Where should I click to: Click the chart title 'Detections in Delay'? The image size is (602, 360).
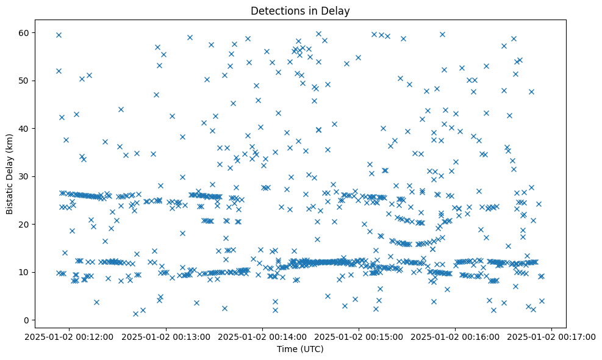(299, 10)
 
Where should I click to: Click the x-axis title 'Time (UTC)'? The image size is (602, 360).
(299, 350)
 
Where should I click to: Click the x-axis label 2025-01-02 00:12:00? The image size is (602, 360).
(70, 336)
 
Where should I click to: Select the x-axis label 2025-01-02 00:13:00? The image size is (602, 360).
(167, 336)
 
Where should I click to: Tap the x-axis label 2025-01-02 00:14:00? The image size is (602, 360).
(263, 336)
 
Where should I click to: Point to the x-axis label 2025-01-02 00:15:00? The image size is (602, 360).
(359, 336)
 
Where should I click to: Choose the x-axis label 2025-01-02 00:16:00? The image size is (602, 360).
(456, 336)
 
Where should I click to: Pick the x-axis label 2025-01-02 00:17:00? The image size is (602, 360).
(552, 336)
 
